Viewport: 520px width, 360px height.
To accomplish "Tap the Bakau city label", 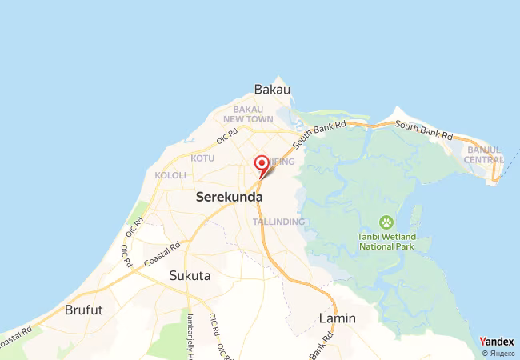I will point(271,89).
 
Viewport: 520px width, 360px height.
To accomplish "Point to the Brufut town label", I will point(84,310).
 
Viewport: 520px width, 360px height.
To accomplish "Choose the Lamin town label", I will point(338,318).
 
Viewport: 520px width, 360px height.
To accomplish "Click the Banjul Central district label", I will point(485,154).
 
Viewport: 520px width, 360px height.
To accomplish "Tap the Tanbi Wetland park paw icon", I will point(387,221).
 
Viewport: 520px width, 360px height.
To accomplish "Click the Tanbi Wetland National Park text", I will point(387,242).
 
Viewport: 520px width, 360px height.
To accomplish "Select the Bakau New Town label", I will point(254,114).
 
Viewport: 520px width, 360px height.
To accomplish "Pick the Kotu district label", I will point(202,158).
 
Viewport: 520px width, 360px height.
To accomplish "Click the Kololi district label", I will point(170,175).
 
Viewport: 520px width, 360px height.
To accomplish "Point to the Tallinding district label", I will point(278,221).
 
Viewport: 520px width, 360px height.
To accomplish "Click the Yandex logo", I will point(496,342).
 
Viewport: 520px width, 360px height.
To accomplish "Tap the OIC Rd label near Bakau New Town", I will point(227,136).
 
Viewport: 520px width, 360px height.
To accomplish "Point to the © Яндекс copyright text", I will point(497,353).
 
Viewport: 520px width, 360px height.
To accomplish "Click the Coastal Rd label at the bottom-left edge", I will point(16,337).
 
